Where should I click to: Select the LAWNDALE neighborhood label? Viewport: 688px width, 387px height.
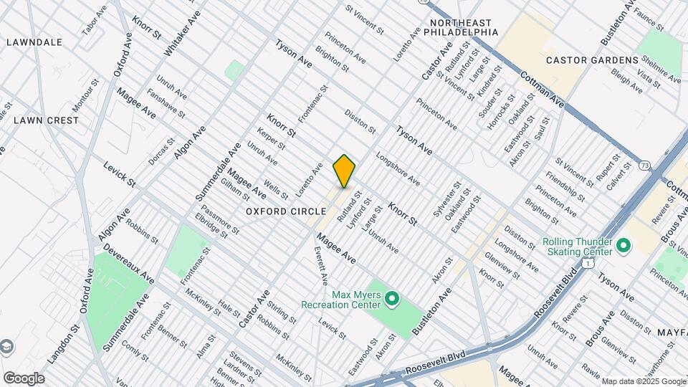[34, 42]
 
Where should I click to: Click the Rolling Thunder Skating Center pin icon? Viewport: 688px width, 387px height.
[623, 246]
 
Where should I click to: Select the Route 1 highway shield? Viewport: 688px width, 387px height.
[587, 264]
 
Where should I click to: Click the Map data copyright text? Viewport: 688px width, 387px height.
[643, 381]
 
